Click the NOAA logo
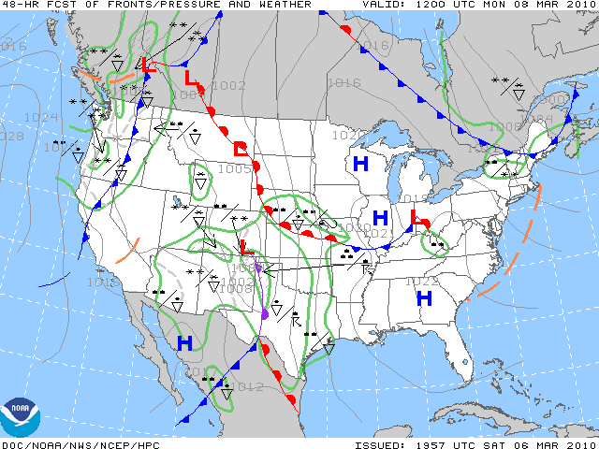coord(21,417)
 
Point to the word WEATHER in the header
coord(282,5)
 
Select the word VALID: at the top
coord(383,5)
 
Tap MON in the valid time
coord(493,5)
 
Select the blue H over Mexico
coord(184,343)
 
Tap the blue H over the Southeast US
coord(424,298)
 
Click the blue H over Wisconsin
coord(360,163)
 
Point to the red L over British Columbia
coord(145,65)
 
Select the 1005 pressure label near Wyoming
coord(234,169)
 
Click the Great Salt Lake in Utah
coord(177,198)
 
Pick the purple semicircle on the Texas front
coord(265,314)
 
